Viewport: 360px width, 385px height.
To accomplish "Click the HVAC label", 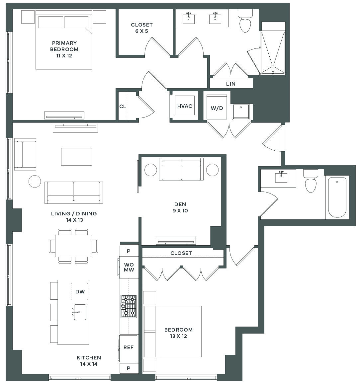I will (185, 106).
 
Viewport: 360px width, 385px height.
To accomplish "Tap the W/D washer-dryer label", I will (217, 108).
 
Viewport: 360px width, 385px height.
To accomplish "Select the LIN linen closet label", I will (231, 84).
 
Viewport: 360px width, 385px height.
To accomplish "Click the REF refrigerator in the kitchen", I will (129, 347).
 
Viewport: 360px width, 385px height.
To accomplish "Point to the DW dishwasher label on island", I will (80, 292).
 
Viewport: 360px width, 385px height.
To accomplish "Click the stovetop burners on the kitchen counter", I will (129, 306).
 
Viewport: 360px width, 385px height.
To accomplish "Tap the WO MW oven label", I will (129, 267).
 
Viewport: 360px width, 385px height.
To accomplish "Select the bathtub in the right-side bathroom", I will (337, 197).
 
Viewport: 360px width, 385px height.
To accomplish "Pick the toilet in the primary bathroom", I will (245, 22).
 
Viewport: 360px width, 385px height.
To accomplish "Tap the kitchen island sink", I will (80, 312).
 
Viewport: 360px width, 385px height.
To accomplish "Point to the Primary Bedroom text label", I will (64, 49).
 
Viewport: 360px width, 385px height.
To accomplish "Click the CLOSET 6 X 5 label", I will (142, 28).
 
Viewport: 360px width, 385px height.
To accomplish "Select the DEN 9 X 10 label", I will (180, 207).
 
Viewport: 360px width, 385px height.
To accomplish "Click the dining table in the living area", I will (73, 246).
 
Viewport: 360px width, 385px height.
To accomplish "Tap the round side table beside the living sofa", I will (35, 181).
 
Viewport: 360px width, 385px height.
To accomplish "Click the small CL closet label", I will (123, 107).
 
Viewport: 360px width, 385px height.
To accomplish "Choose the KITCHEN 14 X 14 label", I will (89, 361).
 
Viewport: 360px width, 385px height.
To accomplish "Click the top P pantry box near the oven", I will (129, 251).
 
